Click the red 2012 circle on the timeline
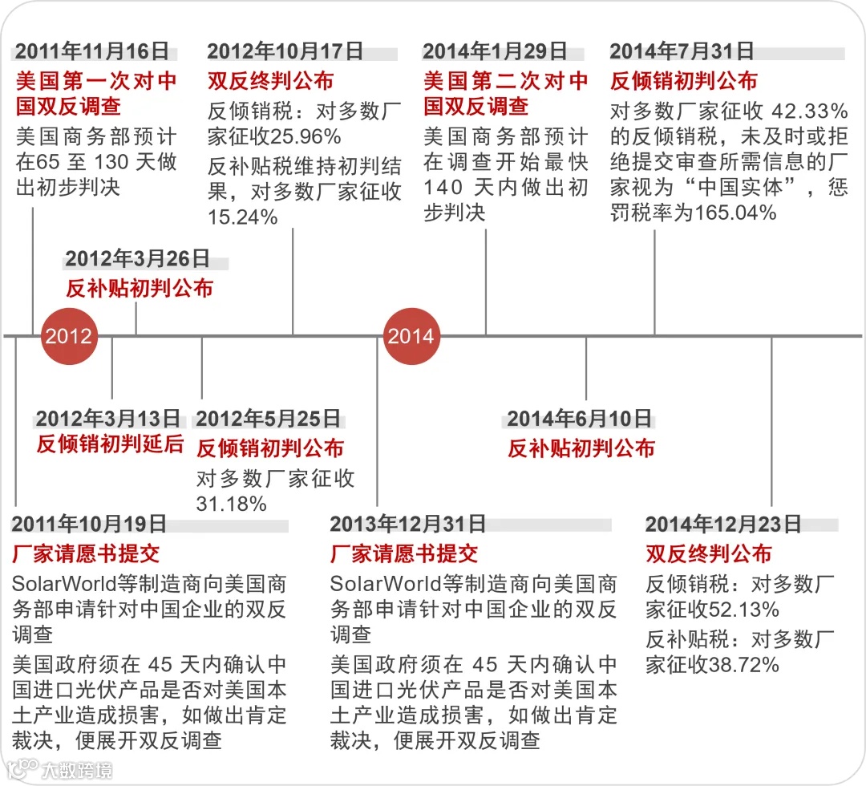click(x=68, y=335)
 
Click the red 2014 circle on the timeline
click(x=411, y=335)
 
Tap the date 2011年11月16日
click(x=93, y=51)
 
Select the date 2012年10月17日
click(x=285, y=51)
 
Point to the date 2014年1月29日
click(x=495, y=51)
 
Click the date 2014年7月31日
click(x=682, y=51)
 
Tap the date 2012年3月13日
click(x=108, y=419)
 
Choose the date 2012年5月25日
click(x=269, y=419)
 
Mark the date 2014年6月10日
click(x=579, y=419)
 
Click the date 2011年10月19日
click(x=89, y=525)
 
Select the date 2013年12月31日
click(x=407, y=525)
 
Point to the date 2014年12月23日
click(x=723, y=525)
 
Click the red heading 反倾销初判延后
click(x=110, y=444)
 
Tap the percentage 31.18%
click(x=231, y=504)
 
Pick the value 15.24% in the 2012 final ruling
click(x=242, y=217)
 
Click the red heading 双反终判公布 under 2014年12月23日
click(x=708, y=553)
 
